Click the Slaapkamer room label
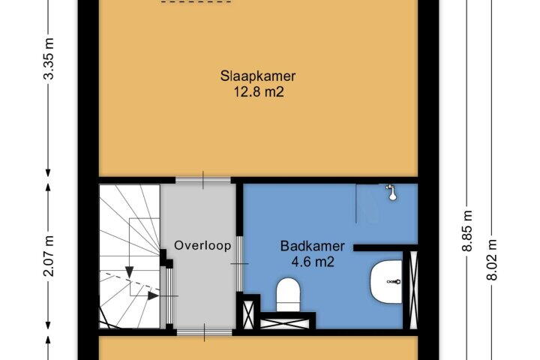(x=258, y=76)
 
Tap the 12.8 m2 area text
(x=259, y=92)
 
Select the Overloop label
(x=202, y=246)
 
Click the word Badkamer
(x=312, y=246)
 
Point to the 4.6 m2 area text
(x=313, y=262)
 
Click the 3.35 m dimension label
(x=49, y=58)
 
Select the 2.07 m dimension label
(x=49, y=256)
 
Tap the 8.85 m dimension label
(x=467, y=231)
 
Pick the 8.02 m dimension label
(x=493, y=259)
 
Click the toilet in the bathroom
(x=288, y=295)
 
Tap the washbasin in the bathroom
(x=386, y=282)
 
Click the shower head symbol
(x=391, y=192)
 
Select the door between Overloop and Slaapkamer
(x=202, y=180)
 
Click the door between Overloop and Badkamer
(x=239, y=264)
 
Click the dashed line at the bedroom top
(x=196, y=1)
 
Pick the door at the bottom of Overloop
(x=205, y=332)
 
